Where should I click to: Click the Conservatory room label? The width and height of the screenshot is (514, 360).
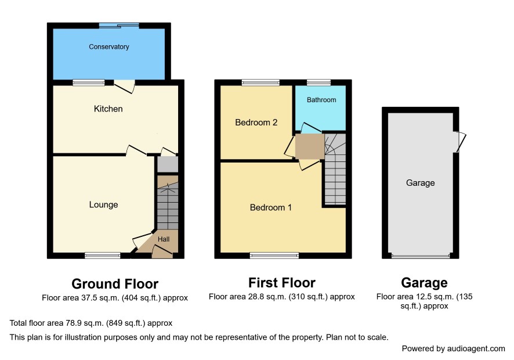point(109,46)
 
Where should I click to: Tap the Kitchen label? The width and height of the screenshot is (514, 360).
point(108,109)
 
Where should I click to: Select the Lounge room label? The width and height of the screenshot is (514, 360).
point(104,205)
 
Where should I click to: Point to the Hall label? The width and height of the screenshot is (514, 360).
point(164,239)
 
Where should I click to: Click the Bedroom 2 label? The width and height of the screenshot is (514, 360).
point(256,123)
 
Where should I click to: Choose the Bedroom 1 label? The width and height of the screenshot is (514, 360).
point(271,207)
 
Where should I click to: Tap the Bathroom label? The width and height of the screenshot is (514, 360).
point(321,100)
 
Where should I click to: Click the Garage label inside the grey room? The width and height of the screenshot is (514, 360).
point(420,183)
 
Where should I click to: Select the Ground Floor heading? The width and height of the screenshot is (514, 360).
point(115,284)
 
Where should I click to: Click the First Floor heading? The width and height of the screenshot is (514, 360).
point(282,283)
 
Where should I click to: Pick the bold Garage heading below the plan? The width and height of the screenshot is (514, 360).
point(424,283)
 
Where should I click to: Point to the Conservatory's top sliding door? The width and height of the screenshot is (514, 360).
point(119,26)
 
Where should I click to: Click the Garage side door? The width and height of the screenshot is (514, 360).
point(461,142)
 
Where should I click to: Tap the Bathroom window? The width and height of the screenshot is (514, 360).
point(318,82)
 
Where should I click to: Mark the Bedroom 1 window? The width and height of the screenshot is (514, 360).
point(274,255)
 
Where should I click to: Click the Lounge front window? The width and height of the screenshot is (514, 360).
point(103,255)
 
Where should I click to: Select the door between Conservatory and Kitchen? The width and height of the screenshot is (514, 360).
point(124,86)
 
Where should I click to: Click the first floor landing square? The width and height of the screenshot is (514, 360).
point(310,146)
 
